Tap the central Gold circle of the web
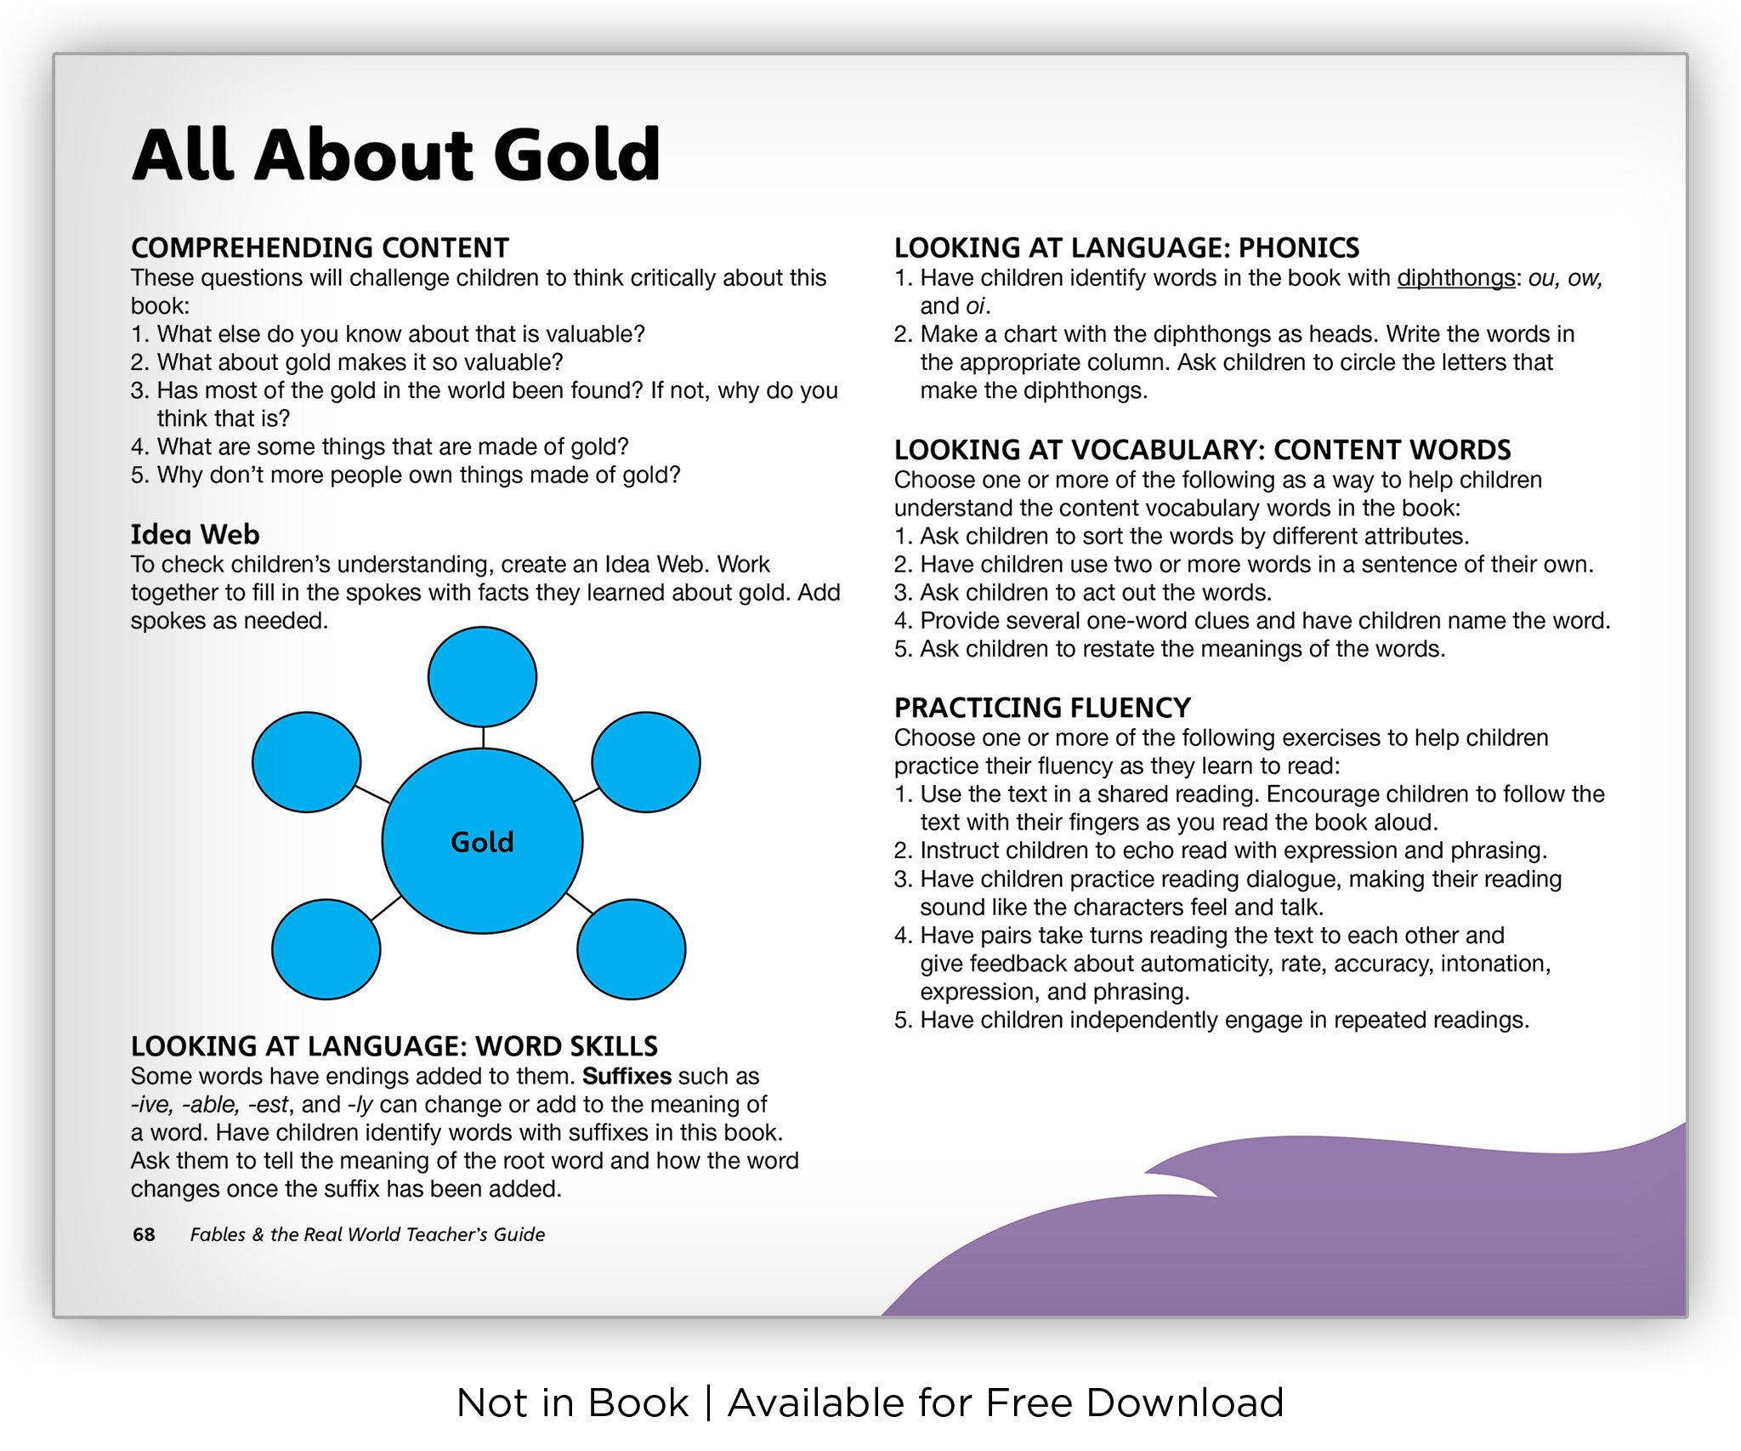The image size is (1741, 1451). tap(482, 841)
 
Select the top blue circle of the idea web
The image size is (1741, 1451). tap(482, 677)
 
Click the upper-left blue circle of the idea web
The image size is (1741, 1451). tap(306, 762)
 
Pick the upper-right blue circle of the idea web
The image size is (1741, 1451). tap(646, 762)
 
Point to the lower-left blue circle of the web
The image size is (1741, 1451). tap(326, 949)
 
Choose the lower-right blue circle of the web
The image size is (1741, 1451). tap(632, 949)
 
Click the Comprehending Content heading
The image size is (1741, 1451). tap(320, 248)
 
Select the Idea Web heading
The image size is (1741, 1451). tap(195, 534)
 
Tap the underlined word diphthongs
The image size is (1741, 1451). tap(1456, 278)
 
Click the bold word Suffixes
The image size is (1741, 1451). tap(627, 1076)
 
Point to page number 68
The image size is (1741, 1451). tap(144, 1234)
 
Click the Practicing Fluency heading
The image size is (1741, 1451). tap(1042, 708)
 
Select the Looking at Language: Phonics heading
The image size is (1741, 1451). tap(1126, 248)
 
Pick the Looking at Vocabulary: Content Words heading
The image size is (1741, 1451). tap(1202, 449)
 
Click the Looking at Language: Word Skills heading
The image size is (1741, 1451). tap(394, 1045)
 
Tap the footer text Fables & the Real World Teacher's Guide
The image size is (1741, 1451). tap(367, 1234)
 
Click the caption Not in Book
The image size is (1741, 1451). tap(572, 1403)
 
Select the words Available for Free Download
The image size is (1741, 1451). tap(1006, 1403)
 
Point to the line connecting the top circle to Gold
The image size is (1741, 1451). tap(483, 737)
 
